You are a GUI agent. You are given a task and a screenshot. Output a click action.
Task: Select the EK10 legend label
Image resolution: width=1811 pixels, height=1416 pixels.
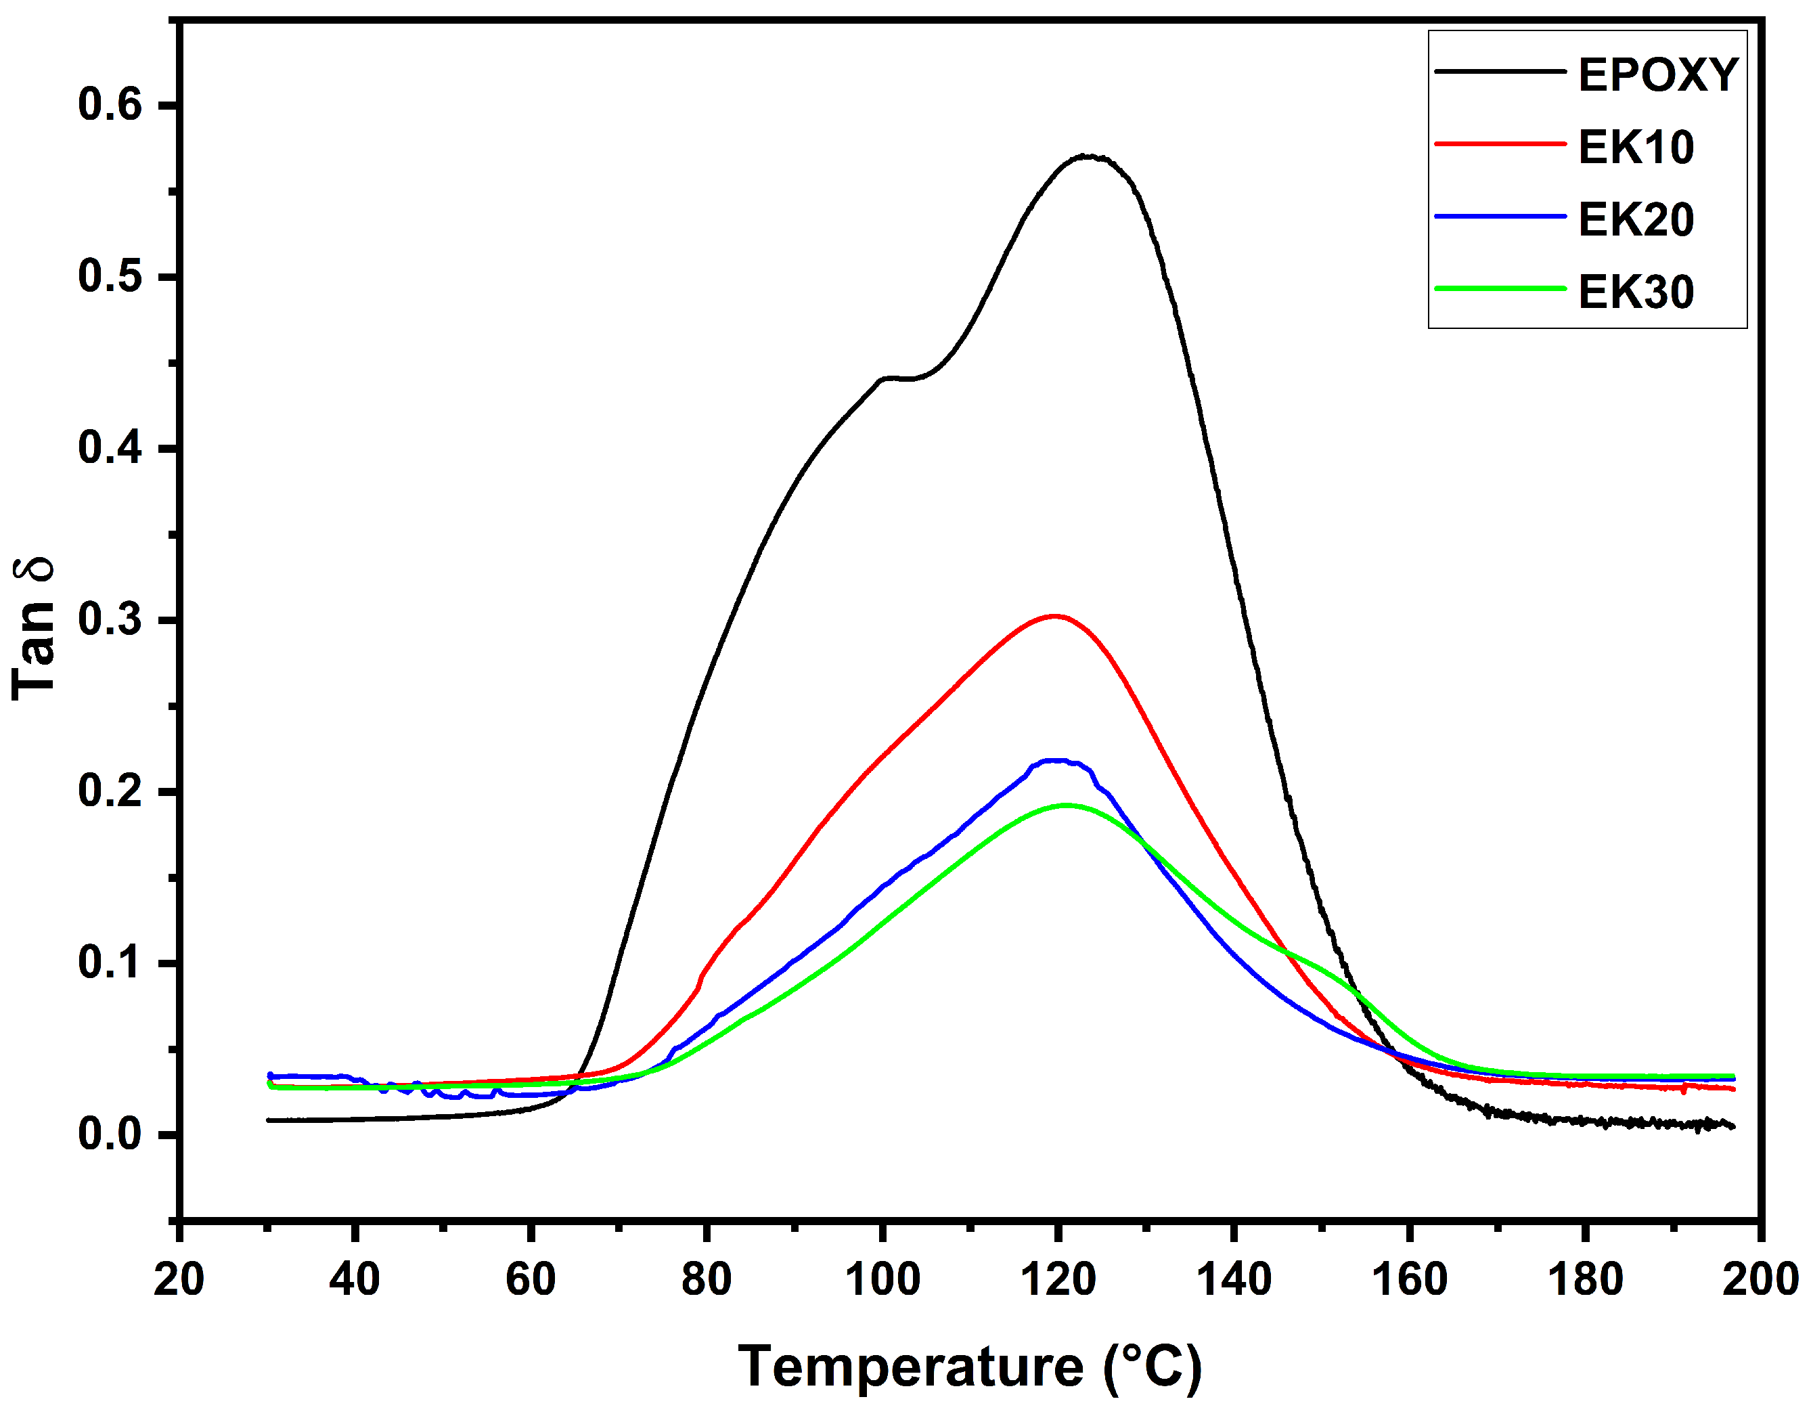coord(1635,148)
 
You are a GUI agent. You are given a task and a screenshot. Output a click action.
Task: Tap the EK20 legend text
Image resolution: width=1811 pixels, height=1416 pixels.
coord(1635,220)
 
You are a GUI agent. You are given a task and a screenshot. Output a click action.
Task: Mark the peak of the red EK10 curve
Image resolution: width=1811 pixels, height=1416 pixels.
coord(1054,617)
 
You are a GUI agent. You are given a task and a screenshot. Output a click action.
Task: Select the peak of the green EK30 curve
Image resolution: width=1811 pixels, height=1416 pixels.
coord(1065,805)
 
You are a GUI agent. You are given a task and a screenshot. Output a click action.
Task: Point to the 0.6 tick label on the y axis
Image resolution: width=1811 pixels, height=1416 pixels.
coord(110,106)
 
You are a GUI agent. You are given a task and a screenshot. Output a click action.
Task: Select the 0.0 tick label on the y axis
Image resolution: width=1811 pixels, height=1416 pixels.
coord(110,1135)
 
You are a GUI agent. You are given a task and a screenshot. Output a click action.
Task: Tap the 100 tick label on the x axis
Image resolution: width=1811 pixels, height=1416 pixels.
coord(882,1279)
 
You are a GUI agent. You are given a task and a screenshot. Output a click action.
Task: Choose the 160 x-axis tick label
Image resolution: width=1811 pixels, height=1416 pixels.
coord(1410,1279)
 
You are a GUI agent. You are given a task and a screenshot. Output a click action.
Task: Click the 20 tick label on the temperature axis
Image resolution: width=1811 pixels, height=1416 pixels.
coord(179,1279)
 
